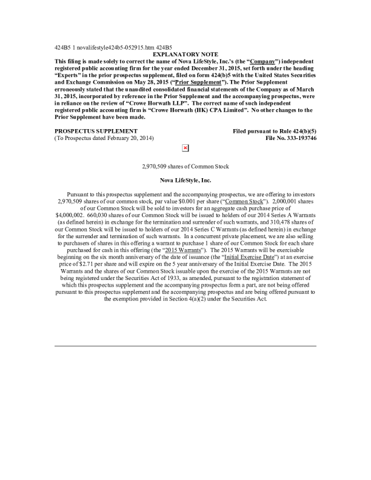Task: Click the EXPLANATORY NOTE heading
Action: pyautogui.click(x=185, y=55)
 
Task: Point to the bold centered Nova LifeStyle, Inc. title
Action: pyautogui.click(x=185, y=180)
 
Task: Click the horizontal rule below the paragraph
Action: pyautogui.click(x=185, y=346)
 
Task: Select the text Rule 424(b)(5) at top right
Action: pyautogui.click(x=298, y=132)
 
